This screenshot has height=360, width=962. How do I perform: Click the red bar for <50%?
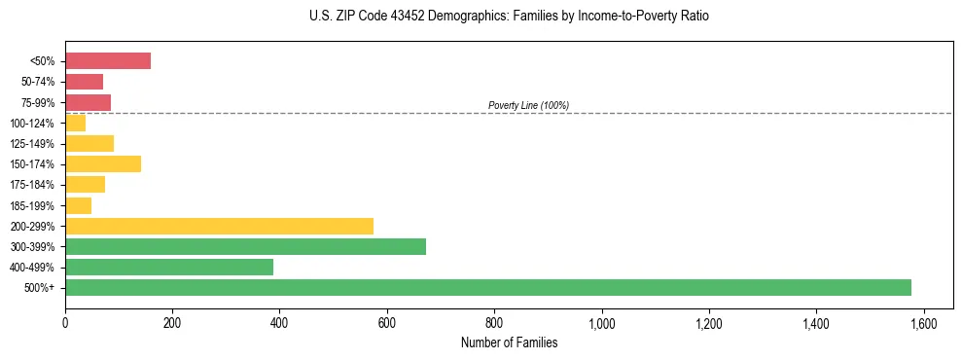[108, 61]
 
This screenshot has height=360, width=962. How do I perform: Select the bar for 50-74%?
[84, 82]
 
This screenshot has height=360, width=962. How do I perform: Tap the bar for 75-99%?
[88, 102]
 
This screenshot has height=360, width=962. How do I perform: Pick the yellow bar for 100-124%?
[75, 123]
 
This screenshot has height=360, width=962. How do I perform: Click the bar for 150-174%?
[103, 163]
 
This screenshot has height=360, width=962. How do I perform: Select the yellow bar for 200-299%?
[219, 226]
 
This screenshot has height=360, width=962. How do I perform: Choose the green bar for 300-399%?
[245, 246]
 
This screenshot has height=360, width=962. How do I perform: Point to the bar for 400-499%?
[169, 267]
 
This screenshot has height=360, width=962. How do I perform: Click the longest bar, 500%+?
[488, 287]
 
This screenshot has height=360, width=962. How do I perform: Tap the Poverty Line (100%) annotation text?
[528, 105]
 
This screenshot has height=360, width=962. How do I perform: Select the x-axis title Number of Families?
[510, 342]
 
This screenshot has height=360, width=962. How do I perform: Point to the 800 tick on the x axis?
[494, 323]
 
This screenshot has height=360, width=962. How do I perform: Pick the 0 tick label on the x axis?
[65, 323]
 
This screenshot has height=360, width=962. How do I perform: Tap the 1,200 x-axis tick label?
[709, 323]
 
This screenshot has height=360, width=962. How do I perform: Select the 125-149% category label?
[37, 144]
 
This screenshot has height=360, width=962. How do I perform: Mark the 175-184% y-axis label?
[37, 185]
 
